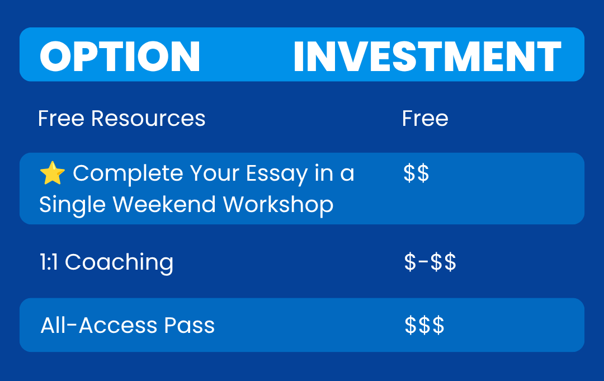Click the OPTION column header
120,57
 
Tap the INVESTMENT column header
427,57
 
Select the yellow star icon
53,173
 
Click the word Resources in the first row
148,118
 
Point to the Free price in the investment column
425,118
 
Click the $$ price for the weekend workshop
416,173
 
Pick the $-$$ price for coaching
430,262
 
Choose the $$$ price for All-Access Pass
424,325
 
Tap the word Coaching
119,263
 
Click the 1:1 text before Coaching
49,262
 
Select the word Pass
189,326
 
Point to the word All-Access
99,326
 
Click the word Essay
277,175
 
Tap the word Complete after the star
128,175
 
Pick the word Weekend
164,204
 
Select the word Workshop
278,205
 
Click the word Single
72,205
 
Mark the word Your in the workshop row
215,173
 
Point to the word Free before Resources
62,118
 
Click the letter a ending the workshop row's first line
347,175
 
